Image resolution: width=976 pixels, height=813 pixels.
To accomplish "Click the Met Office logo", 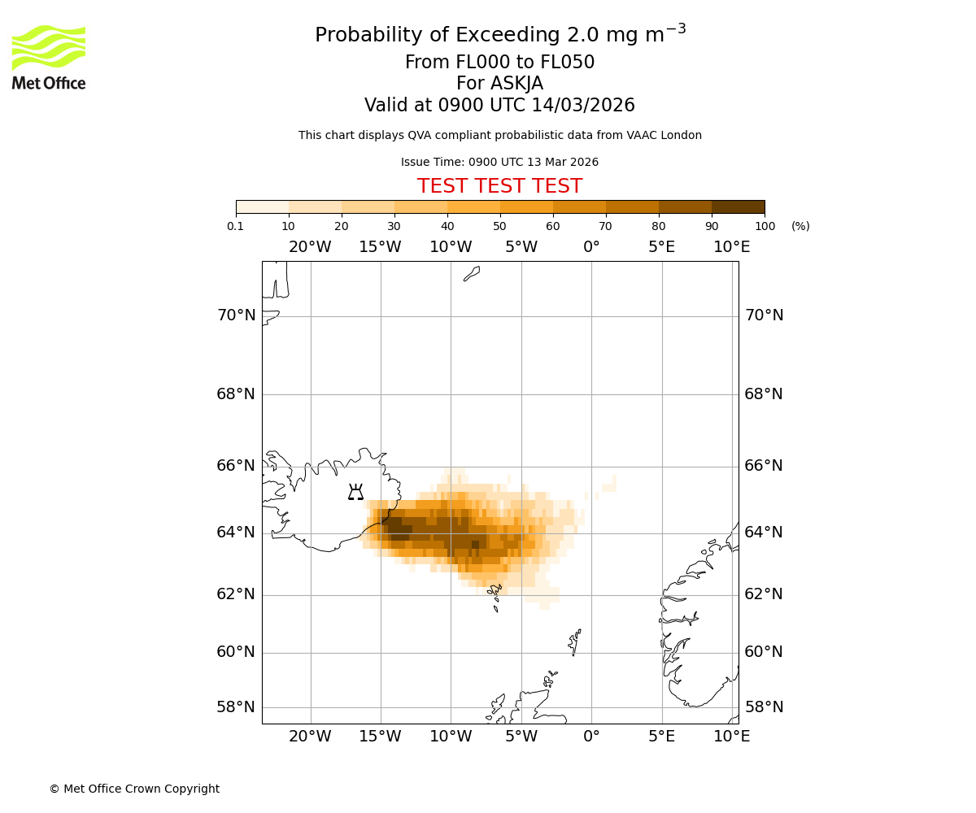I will pyautogui.click(x=49, y=57).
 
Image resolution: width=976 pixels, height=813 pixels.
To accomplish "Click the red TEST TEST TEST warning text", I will pyautogui.click(x=499, y=186).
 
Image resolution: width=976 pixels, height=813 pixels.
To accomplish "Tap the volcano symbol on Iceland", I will pyautogui.click(x=355, y=492).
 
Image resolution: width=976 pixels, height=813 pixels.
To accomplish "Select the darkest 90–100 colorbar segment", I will pyautogui.click(x=738, y=207).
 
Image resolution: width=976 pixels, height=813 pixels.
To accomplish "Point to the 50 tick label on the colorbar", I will pyautogui.click(x=499, y=226).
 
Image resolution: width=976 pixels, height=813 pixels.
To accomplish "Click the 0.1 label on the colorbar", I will pyautogui.click(x=236, y=226).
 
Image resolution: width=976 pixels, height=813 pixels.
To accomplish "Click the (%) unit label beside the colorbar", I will pyautogui.click(x=800, y=226).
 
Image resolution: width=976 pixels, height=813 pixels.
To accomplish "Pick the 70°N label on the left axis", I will pyautogui.click(x=236, y=315).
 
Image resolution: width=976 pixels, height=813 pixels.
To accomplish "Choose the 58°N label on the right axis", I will pyautogui.click(x=764, y=707).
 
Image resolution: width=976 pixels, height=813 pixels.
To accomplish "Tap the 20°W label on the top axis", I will pyautogui.click(x=310, y=247).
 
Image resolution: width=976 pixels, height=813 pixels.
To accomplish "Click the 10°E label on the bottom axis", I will pyautogui.click(x=731, y=737).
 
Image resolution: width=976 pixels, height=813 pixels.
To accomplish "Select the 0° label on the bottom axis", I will pyautogui.click(x=591, y=737).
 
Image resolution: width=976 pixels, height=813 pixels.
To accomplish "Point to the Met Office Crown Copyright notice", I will pyautogui.click(x=134, y=789).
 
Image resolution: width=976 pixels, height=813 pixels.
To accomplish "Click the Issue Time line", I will pyautogui.click(x=499, y=162).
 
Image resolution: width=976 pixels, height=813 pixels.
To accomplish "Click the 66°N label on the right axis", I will pyautogui.click(x=764, y=466).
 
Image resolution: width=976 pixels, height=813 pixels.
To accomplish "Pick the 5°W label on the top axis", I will pyautogui.click(x=521, y=247).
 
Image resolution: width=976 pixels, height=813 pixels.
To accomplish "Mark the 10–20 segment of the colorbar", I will pyautogui.click(x=315, y=207).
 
